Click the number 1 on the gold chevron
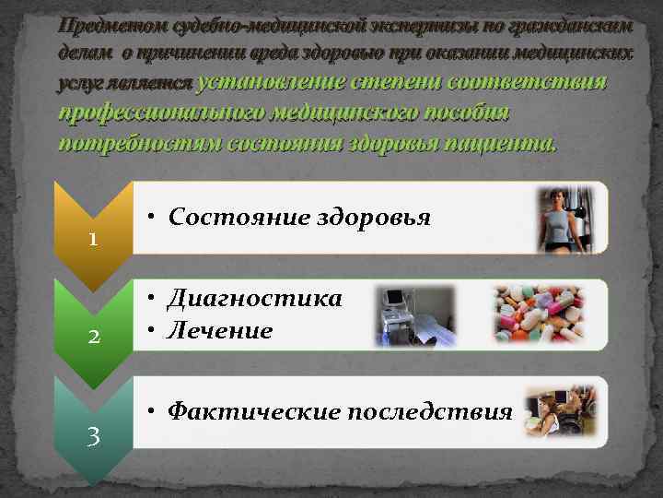93,239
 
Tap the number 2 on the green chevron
93,336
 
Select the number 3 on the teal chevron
93,434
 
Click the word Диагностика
255,299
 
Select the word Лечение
221,329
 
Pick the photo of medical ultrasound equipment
414,314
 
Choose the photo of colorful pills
538,314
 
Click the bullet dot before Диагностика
151,299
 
